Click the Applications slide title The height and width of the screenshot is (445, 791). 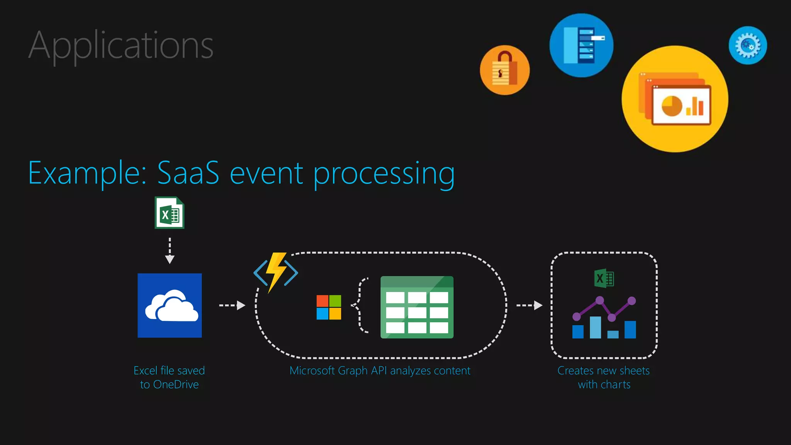click(x=121, y=46)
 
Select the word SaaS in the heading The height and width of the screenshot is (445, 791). click(x=188, y=173)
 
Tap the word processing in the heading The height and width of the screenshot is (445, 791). click(x=384, y=174)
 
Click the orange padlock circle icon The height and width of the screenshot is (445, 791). click(x=505, y=70)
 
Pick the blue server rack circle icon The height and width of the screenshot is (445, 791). click(x=581, y=45)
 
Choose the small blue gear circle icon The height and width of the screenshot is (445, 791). click(x=748, y=45)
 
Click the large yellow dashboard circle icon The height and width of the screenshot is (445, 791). click(x=675, y=99)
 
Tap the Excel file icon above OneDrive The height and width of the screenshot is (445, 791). click(x=170, y=213)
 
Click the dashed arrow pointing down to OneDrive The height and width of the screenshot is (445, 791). click(x=170, y=251)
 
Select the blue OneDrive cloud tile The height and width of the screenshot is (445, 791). click(x=170, y=306)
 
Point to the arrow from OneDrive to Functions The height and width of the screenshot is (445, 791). click(x=232, y=306)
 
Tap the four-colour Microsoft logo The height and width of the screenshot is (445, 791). click(x=329, y=307)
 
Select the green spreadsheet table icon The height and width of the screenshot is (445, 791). click(x=417, y=307)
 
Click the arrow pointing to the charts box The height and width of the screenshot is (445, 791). click(x=530, y=306)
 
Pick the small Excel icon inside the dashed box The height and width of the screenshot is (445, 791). click(x=604, y=279)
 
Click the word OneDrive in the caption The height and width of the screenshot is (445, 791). click(x=176, y=385)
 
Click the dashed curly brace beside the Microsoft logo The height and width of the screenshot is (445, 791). click(x=360, y=305)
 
